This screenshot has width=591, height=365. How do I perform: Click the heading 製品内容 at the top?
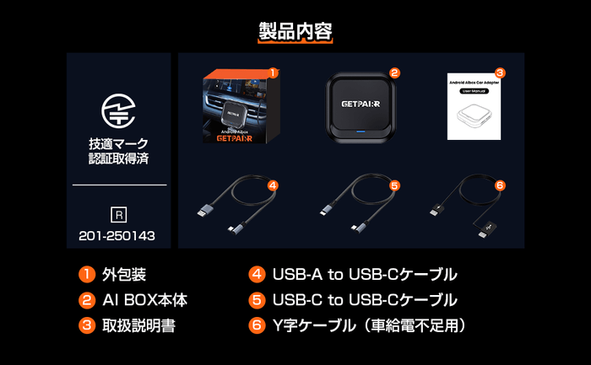click(x=295, y=31)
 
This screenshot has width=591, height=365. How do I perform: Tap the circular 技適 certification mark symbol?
click(x=118, y=110)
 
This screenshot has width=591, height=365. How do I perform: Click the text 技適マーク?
click(x=118, y=143)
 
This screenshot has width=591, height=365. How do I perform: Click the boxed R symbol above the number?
click(x=119, y=214)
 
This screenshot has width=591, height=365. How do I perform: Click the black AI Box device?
click(x=361, y=110)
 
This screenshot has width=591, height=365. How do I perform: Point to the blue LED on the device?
click(x=361, y=132)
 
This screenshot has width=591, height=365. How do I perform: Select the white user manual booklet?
click(x=474, y=110)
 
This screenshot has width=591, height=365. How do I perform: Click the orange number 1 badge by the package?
click(x=273, y=73)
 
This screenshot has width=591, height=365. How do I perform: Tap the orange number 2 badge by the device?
click(x=394, y=73)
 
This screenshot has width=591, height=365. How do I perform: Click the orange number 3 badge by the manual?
click(x=500, y=73)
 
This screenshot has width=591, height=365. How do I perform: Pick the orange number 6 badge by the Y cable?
click(x=500, y=185)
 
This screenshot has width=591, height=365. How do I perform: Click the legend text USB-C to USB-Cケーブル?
click(x=365, y=300)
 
